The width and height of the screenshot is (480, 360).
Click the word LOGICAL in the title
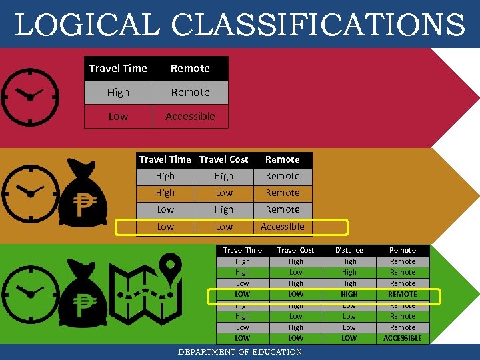(87, 25)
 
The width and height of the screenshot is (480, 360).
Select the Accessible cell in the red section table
(190, 116)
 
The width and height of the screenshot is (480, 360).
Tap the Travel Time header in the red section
(118, 68)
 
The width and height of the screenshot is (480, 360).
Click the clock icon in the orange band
(29, 193)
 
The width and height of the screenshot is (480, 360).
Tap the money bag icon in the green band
(83, 296)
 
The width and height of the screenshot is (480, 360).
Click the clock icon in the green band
(29, 293)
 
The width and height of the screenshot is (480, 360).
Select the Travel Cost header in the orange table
(224, 159)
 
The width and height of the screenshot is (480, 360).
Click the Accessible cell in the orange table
(283, 227)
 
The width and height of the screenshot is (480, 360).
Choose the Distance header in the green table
(349, 250)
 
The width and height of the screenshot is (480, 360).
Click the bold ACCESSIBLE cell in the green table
(403, 338)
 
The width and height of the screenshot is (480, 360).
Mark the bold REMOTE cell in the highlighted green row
(403, 294)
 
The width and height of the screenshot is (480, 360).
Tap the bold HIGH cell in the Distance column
(349, 294)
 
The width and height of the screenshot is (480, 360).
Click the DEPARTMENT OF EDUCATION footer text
(240, 352)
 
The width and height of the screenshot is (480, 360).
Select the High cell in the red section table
(118, 92)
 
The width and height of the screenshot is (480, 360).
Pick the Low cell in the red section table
(118, 116)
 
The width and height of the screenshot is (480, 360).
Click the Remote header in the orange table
(283, 159)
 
